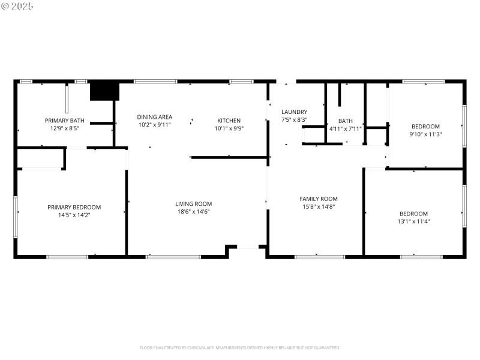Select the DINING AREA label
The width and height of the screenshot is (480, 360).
coord(154,117)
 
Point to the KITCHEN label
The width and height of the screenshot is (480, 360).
coord(229,121)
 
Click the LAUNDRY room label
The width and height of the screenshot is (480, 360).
coord(294,112)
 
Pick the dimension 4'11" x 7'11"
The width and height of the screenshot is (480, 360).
coord(345,128)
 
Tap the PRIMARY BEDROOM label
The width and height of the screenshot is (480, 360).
coord(74,207)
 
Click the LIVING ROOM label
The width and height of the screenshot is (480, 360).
coord(193,203)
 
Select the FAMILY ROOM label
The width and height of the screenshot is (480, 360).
coord(319,199)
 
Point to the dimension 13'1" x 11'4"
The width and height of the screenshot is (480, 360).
coord(414,221)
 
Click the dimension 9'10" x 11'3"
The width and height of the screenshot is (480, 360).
coord(425,134)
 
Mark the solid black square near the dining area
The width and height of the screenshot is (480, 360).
coord(104,91)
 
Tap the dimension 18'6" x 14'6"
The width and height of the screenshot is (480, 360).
coord(193,211)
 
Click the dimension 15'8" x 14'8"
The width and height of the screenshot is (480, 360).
coord(319,206)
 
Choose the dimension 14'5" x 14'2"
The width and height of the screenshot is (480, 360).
coord(74,215)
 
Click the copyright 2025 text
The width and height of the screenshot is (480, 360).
coord(18,6)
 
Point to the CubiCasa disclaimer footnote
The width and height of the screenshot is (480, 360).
coord(240,347)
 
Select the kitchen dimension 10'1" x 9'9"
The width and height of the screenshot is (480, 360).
coord(229,128)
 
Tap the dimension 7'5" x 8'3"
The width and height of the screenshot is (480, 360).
coord(294,119)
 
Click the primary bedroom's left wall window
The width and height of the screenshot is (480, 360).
coord(16,213)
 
